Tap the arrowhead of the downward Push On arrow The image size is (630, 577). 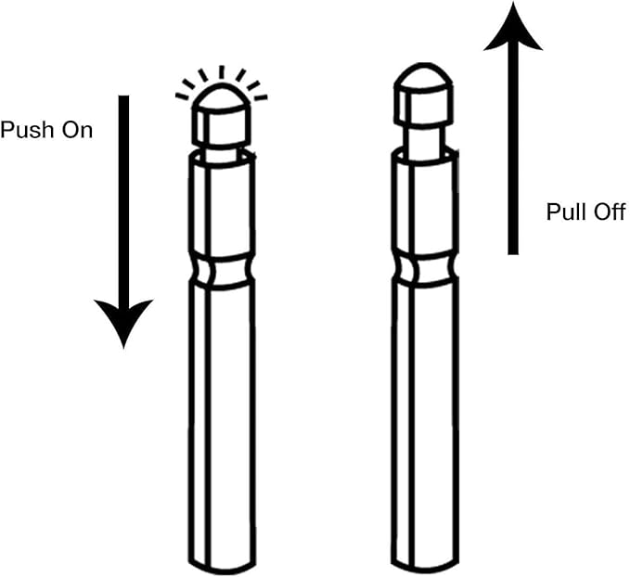pyautogui.click(x=123, y=320)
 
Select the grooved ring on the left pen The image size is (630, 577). pyautogui.click(x=221, y=269)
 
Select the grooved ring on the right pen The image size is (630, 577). pyautogui.click(x=423, y=269)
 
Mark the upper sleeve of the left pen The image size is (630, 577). pyautogui.click(x=221, y=204)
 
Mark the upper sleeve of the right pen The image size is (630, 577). pyautogui.click(x=423, y=204)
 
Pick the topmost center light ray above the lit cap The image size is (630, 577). pyautogui.click(x=221, y=71)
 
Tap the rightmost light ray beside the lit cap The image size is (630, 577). pyautogui.click(x=260, y=96)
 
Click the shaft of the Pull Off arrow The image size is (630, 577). pyautogui.click(x=512, y=158)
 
